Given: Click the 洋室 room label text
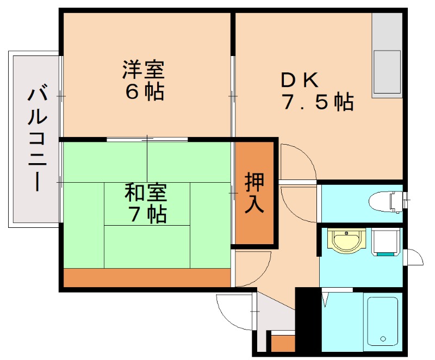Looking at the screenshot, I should click(144, 70).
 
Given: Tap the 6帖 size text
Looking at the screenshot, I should click(144, 92).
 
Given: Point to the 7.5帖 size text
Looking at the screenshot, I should click(318, 102).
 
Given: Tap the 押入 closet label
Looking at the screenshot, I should click(254, 193).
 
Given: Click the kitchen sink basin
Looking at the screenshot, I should click(387, 73).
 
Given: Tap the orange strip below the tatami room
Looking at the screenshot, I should click(147, 277).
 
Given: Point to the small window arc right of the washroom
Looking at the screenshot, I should click(414, 256).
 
